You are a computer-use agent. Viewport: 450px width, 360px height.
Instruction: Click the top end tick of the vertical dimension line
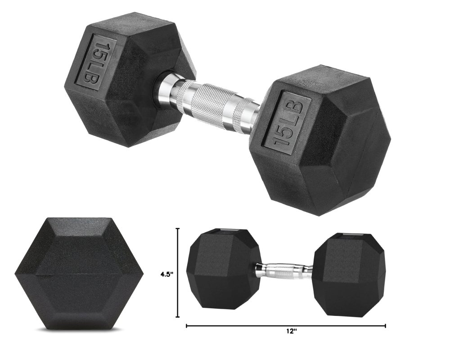pos(178,229)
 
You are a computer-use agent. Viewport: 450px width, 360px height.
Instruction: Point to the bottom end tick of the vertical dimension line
pos(178,318)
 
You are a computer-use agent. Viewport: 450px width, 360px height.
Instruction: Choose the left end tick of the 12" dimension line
pos(187,325)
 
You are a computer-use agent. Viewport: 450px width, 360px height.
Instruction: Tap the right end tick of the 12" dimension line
pos(385,325)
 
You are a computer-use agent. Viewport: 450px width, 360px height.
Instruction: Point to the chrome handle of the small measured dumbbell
pos(286,271)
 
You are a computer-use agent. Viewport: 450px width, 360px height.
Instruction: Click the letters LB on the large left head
pos(98,74)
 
